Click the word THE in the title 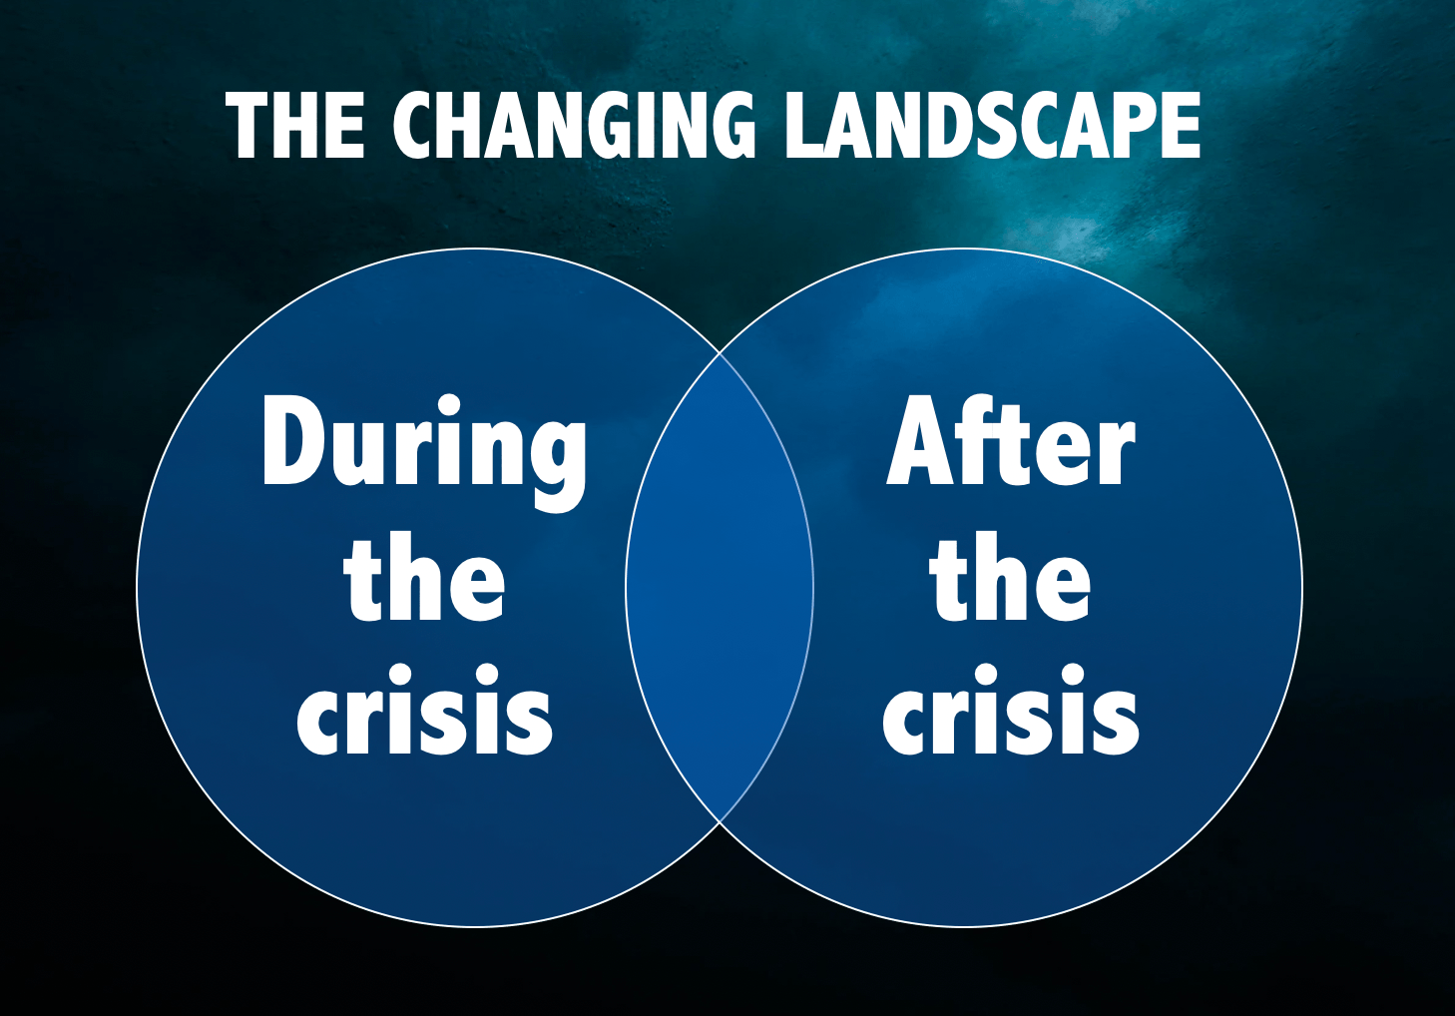tap(295, 125)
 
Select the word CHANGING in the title tap(574, 125)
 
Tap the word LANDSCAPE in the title tap(993, 125)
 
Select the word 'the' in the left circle tap(424, 576)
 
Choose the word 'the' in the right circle tap(1010, 576)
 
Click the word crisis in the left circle tap(424, 709)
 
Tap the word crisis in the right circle tap(1011, 709)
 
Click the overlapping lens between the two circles tap(720, 587)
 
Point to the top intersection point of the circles tap(720, 352)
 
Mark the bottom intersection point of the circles tap(720, 822)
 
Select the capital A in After tap(922, 440)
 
